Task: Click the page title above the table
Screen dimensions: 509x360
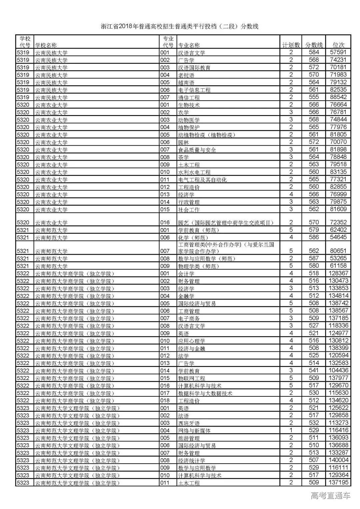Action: coord(180,27)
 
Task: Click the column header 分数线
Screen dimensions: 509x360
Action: coord(314,45)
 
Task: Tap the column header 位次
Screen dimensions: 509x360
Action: coord(338,45)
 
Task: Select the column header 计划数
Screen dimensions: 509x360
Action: coord(291,45)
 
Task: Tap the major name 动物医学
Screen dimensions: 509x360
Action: coord(189,120)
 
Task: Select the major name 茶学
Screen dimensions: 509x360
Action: coord(183,157)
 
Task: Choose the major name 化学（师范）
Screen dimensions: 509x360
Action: coord(193,237)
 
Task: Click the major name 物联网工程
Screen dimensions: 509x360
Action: coord(191,378)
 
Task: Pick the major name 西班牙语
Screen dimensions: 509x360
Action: coord(189,423)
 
